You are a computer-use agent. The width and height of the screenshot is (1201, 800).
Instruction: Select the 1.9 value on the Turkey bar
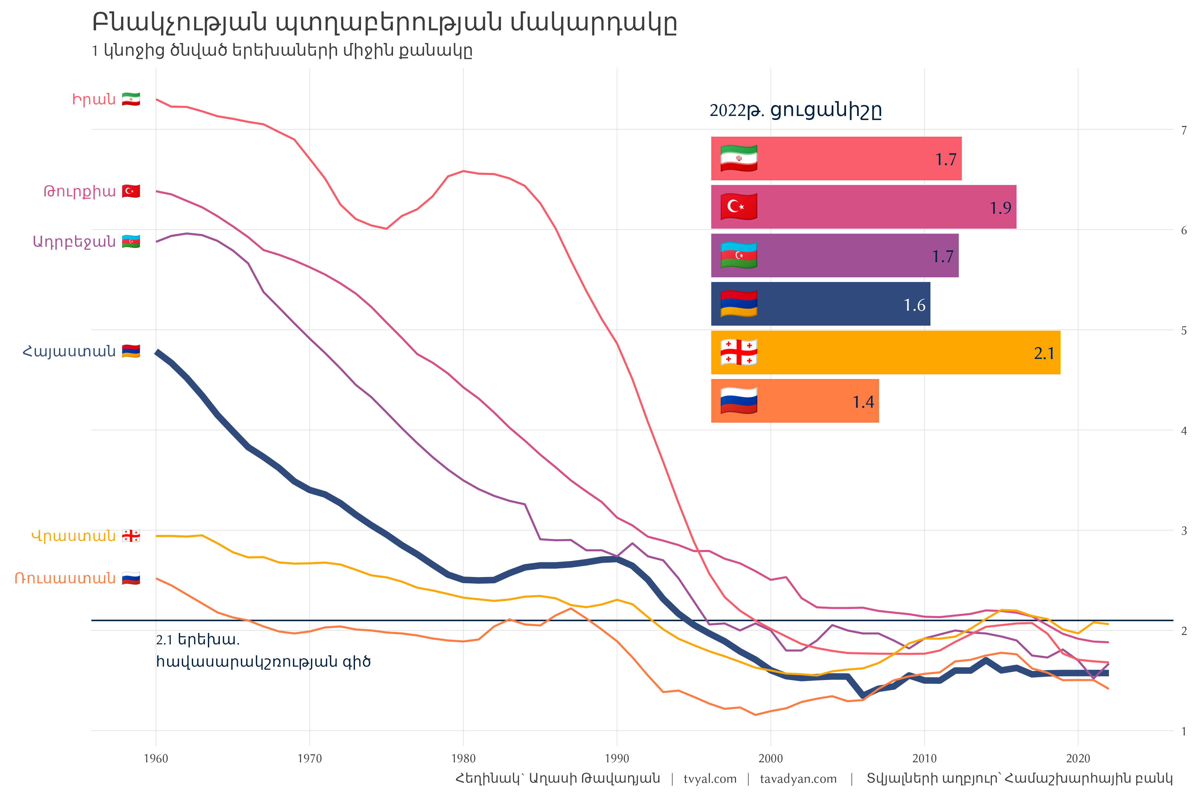coord(1000,208)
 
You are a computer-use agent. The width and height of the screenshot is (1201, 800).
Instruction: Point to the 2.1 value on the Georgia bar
coord(1044,354)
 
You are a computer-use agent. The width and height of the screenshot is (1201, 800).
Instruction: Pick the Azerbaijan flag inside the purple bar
coord(738,255)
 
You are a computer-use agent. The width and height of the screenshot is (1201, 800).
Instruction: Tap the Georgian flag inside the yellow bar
coord(738,352)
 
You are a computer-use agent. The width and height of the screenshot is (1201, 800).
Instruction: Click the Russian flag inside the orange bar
coord(738,401)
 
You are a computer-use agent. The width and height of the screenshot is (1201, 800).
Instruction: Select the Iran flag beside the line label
coord(131,99)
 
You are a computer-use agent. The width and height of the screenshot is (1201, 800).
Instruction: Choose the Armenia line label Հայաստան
coord(69,352)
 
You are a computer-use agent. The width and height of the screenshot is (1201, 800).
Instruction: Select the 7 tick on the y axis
coord(1184,130)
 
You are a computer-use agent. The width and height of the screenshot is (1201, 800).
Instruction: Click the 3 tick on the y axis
coord(1184,531)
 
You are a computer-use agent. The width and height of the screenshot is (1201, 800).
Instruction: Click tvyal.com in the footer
coord(710,779)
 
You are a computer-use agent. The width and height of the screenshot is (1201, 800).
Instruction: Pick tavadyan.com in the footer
coord(798,779)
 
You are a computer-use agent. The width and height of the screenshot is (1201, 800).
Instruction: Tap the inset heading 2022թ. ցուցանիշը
coord(795,110)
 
